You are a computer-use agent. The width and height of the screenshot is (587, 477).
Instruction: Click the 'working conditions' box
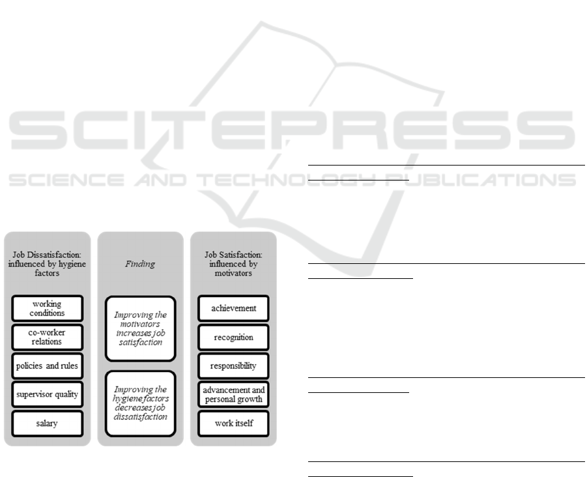click(47, 308)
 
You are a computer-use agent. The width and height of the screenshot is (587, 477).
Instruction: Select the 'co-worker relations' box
click(47, 337)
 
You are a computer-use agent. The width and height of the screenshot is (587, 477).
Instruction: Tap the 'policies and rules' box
click(47, 366)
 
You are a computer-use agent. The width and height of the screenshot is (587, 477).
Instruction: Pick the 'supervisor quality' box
click(47, 394)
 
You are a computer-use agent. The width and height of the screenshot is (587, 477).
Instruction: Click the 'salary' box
click(47, 424)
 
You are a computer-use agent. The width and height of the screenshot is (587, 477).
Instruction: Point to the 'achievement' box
click(233, 308)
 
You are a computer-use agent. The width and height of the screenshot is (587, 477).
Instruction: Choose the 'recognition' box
click(233, 338)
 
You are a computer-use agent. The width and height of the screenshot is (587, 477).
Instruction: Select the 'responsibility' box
click(233, 366)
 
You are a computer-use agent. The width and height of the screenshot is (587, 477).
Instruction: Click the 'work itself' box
click(233, 424)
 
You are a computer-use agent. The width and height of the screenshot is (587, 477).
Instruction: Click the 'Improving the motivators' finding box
click(140, 328)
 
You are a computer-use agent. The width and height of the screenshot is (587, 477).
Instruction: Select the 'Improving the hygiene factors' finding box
click(140, 403)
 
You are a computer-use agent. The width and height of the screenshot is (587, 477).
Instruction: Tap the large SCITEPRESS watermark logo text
click(293, 130)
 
